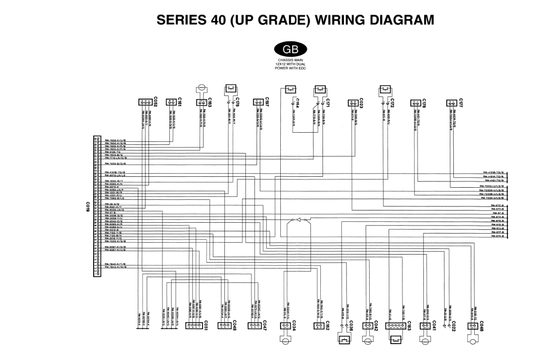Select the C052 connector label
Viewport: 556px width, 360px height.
[x=155, y=102]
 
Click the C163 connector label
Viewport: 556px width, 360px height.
[x=210, y=102]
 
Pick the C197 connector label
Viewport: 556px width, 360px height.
[x=268, y=102]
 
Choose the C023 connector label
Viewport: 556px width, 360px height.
[x=362, y=102]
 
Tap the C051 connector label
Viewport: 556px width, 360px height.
[x=205, y=325]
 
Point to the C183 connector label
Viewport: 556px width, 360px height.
[x=409, y=325]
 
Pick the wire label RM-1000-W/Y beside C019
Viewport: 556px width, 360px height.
[x=114, y=181]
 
